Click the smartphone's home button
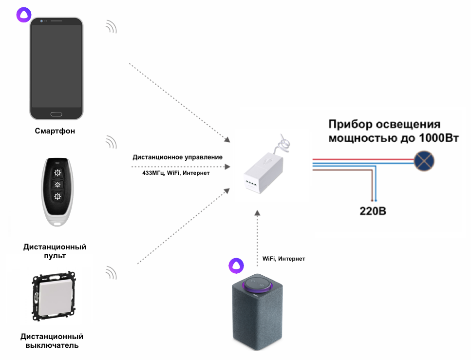[x=56, y=114]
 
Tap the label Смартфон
[x=55, y=131]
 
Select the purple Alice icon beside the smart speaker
[x=236, y=265]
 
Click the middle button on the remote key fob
[x=58, y=184]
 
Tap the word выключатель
[x=52, y=345]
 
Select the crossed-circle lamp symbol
[x=424, y=160]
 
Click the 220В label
[x=373, y=212]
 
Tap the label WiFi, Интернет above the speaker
[x=283, y=258]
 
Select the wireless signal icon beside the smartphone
[x=112, y=27]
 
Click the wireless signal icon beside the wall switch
[x=112, y=272]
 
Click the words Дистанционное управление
[x=177, y=157]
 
